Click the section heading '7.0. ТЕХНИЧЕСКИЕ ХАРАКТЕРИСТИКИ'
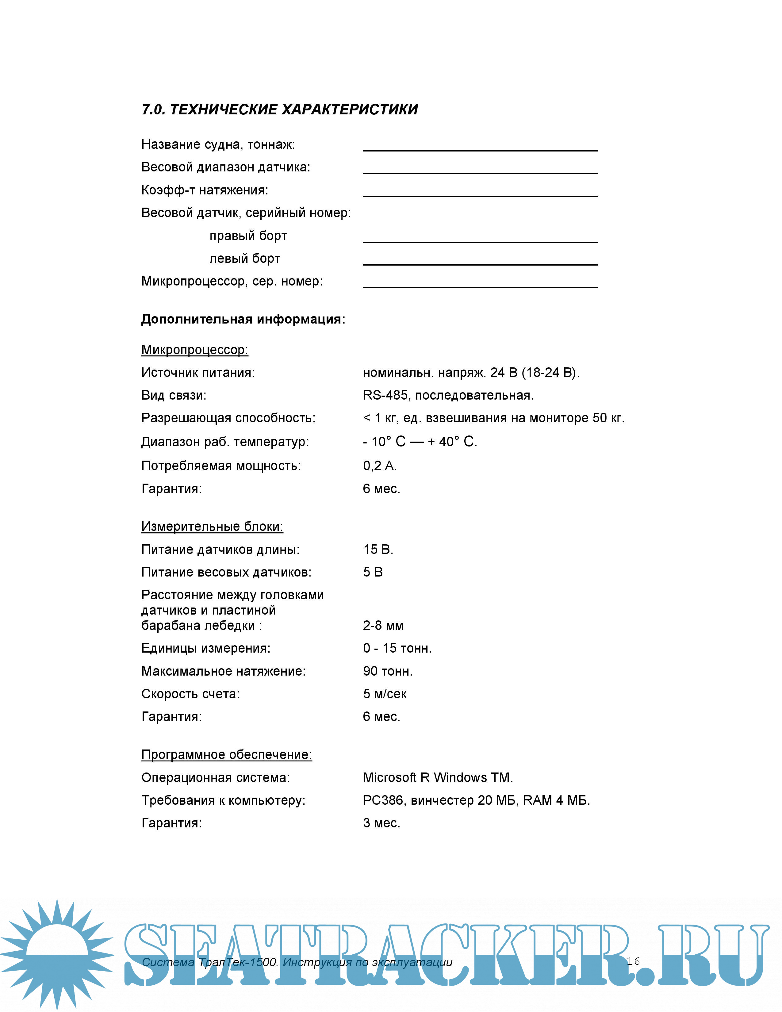tap(280, 109)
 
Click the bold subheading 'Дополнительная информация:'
tap(243, 319)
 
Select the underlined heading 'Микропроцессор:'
tap(194, 350)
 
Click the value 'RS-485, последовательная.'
tap(448, 395)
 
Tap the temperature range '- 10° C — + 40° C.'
tap(420, 442)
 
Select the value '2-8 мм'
tap(383, 626)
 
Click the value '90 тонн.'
tap(388, 671)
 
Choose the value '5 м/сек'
tap(385, 694)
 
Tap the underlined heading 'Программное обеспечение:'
tap(227, 754)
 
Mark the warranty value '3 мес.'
tap(381, 823)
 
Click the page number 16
tap(633, 961)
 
